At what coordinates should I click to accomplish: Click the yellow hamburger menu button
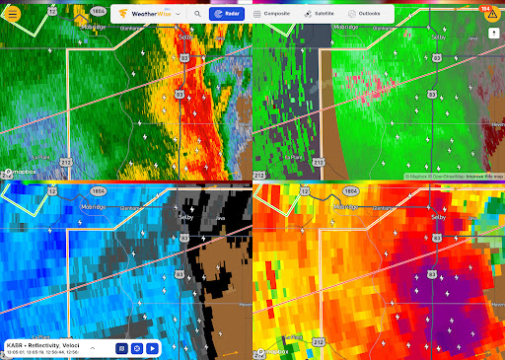point(13,14)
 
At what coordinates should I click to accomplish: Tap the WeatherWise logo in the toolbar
point(148,15)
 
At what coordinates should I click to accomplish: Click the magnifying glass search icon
point(197,15)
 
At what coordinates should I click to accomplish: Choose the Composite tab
point(271,15)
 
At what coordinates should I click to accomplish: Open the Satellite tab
point(322,15)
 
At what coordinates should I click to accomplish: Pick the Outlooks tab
point(365,15)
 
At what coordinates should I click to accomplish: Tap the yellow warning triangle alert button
point(492,15)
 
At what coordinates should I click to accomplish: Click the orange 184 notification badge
point(485,7)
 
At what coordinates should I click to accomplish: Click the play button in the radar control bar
point(153,348)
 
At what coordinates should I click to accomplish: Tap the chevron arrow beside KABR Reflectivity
point(93,348)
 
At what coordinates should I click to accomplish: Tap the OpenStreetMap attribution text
point(444,177)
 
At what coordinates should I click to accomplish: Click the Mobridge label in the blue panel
point(94,207)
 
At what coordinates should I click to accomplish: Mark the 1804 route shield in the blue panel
point(98,189)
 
